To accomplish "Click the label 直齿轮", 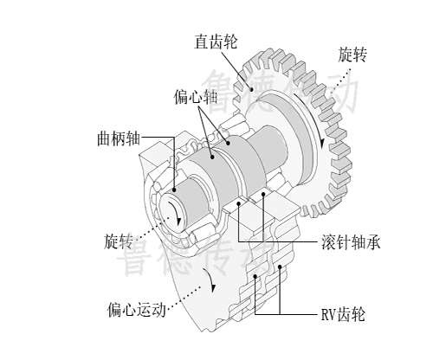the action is click(216, 42).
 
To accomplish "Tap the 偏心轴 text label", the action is click(196, 97).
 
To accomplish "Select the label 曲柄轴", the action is click(119, 138).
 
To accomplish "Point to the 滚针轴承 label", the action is click(351, 242).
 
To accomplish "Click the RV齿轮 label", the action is click(343, 314).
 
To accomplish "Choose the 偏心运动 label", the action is click(137, 310).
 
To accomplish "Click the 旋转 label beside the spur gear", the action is click(352, 55).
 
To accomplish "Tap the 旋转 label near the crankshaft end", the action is click(119, 241).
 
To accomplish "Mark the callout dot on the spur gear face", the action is click(252, 89).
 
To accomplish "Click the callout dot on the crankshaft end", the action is click(174, 190).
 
